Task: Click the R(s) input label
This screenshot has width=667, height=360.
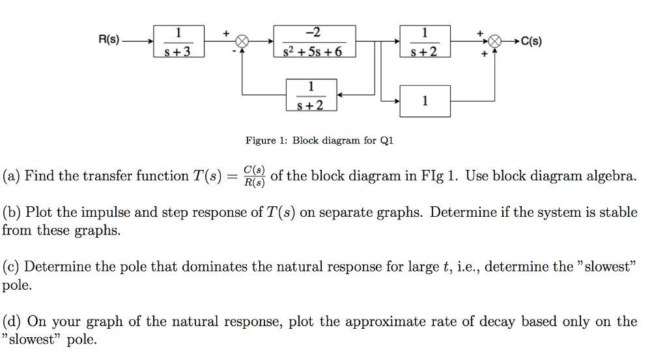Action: click(x=109, y=40)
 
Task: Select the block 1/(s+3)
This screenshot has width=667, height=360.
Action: click(x=178, y=41)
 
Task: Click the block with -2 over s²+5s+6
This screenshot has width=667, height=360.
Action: click(x=315, y=41)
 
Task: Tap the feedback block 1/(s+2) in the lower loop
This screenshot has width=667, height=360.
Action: click(x=311, y=95)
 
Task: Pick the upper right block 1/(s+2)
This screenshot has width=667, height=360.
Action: click(x=425, y=41)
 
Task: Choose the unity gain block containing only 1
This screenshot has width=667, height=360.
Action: click(x=425, y=101)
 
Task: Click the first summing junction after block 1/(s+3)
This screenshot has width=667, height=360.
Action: click(x=242, y=41)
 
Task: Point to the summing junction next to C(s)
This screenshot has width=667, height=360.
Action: click(x=496, y=41)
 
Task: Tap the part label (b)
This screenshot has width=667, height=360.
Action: click(x=12, y=212)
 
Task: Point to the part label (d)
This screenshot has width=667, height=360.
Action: click(x=12, y=322)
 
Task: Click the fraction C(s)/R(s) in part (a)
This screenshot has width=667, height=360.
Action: click(x=254, y=176)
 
